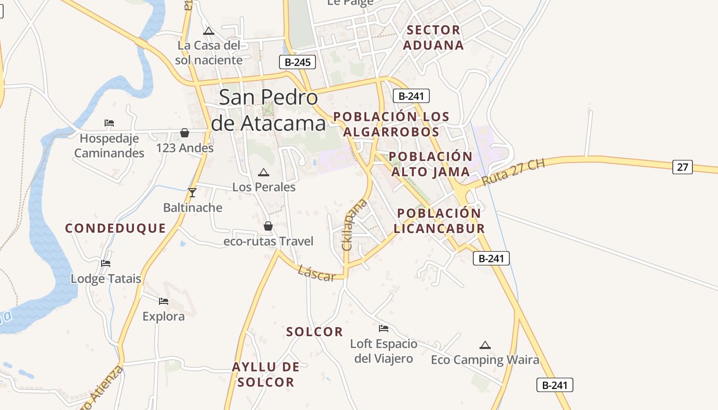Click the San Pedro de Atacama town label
tap(268, 110)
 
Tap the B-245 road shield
tap(297, 63)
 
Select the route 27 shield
tap(682, 167)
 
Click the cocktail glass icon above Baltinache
tap(192, 193)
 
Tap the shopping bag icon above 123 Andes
tap(185, 133)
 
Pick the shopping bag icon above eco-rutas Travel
tap(268, 226)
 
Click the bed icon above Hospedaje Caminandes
tap(109, 123)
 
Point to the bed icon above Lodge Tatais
tap(106, 263)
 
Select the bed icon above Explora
tap(164, 301)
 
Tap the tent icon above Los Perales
tap(264, 172)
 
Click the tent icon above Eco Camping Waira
tap(485, 345)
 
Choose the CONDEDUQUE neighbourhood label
tap(115, 229)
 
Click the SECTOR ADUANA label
tap(433, 37)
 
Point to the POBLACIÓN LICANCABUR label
tap(439, 221)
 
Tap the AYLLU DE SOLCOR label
tap(266, 375)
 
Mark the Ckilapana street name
tap(355, 224)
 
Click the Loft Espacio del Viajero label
tap(384, 351)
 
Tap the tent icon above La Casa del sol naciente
tap(208, 31)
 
